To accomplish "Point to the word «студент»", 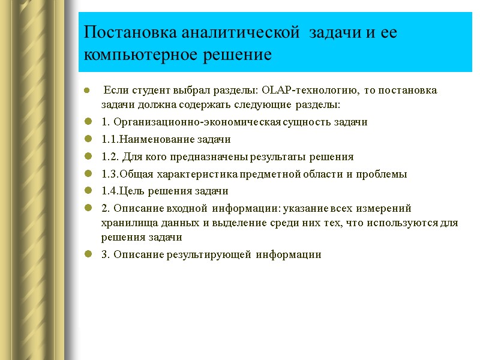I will click(x=145, y=91).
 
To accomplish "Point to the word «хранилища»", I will click(x=125, y=223).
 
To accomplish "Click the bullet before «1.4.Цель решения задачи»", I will click(x=88, y=191).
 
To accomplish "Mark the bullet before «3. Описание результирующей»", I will click(x=88, y=254).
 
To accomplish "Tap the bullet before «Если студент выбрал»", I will click(x=88, y=91).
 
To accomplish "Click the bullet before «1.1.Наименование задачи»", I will click(x=88, y=140).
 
